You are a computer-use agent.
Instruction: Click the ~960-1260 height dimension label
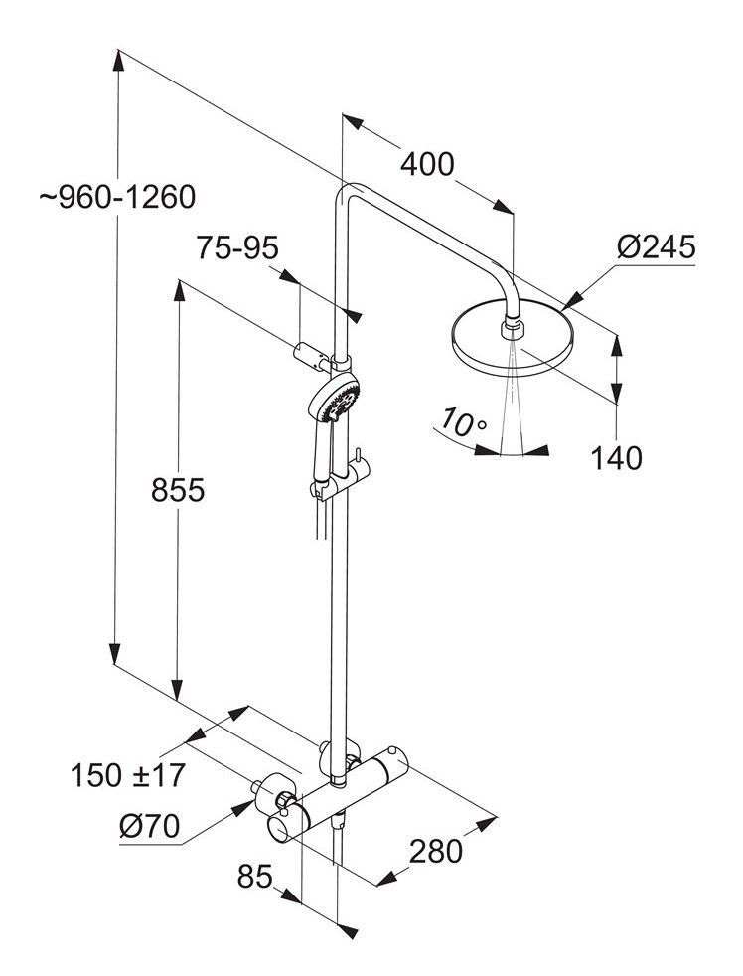(117, 196)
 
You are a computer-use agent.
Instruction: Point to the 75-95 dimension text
(236, 247)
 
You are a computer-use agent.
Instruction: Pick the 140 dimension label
(616, 457)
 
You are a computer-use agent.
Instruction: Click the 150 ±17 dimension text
(128, 774)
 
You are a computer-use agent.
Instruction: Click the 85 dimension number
(256, 877)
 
